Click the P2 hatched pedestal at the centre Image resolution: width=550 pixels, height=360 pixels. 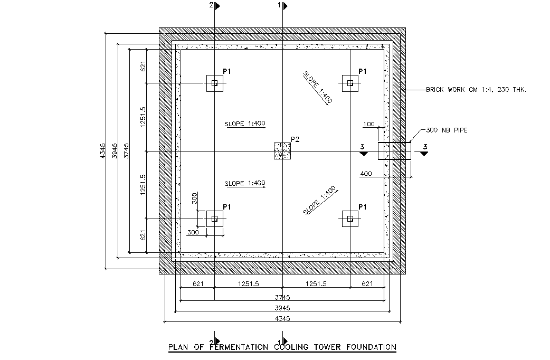(282, 151)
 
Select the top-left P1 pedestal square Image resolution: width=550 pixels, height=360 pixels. (214, 83)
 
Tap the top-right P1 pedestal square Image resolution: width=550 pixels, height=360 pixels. (349, 83)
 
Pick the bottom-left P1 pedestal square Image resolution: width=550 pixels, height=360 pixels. (214, 218)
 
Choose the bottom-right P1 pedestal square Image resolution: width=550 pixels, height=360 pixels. (349, 218)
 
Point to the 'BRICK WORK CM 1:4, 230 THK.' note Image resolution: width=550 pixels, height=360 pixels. (476, 90)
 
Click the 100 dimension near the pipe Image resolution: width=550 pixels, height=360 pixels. (369, 125)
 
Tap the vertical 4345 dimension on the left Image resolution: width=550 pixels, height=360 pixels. (103, 151)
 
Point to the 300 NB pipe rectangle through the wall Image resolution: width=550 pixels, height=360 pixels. (394, 151)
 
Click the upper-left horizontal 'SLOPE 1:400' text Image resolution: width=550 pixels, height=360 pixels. (244, 124)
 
